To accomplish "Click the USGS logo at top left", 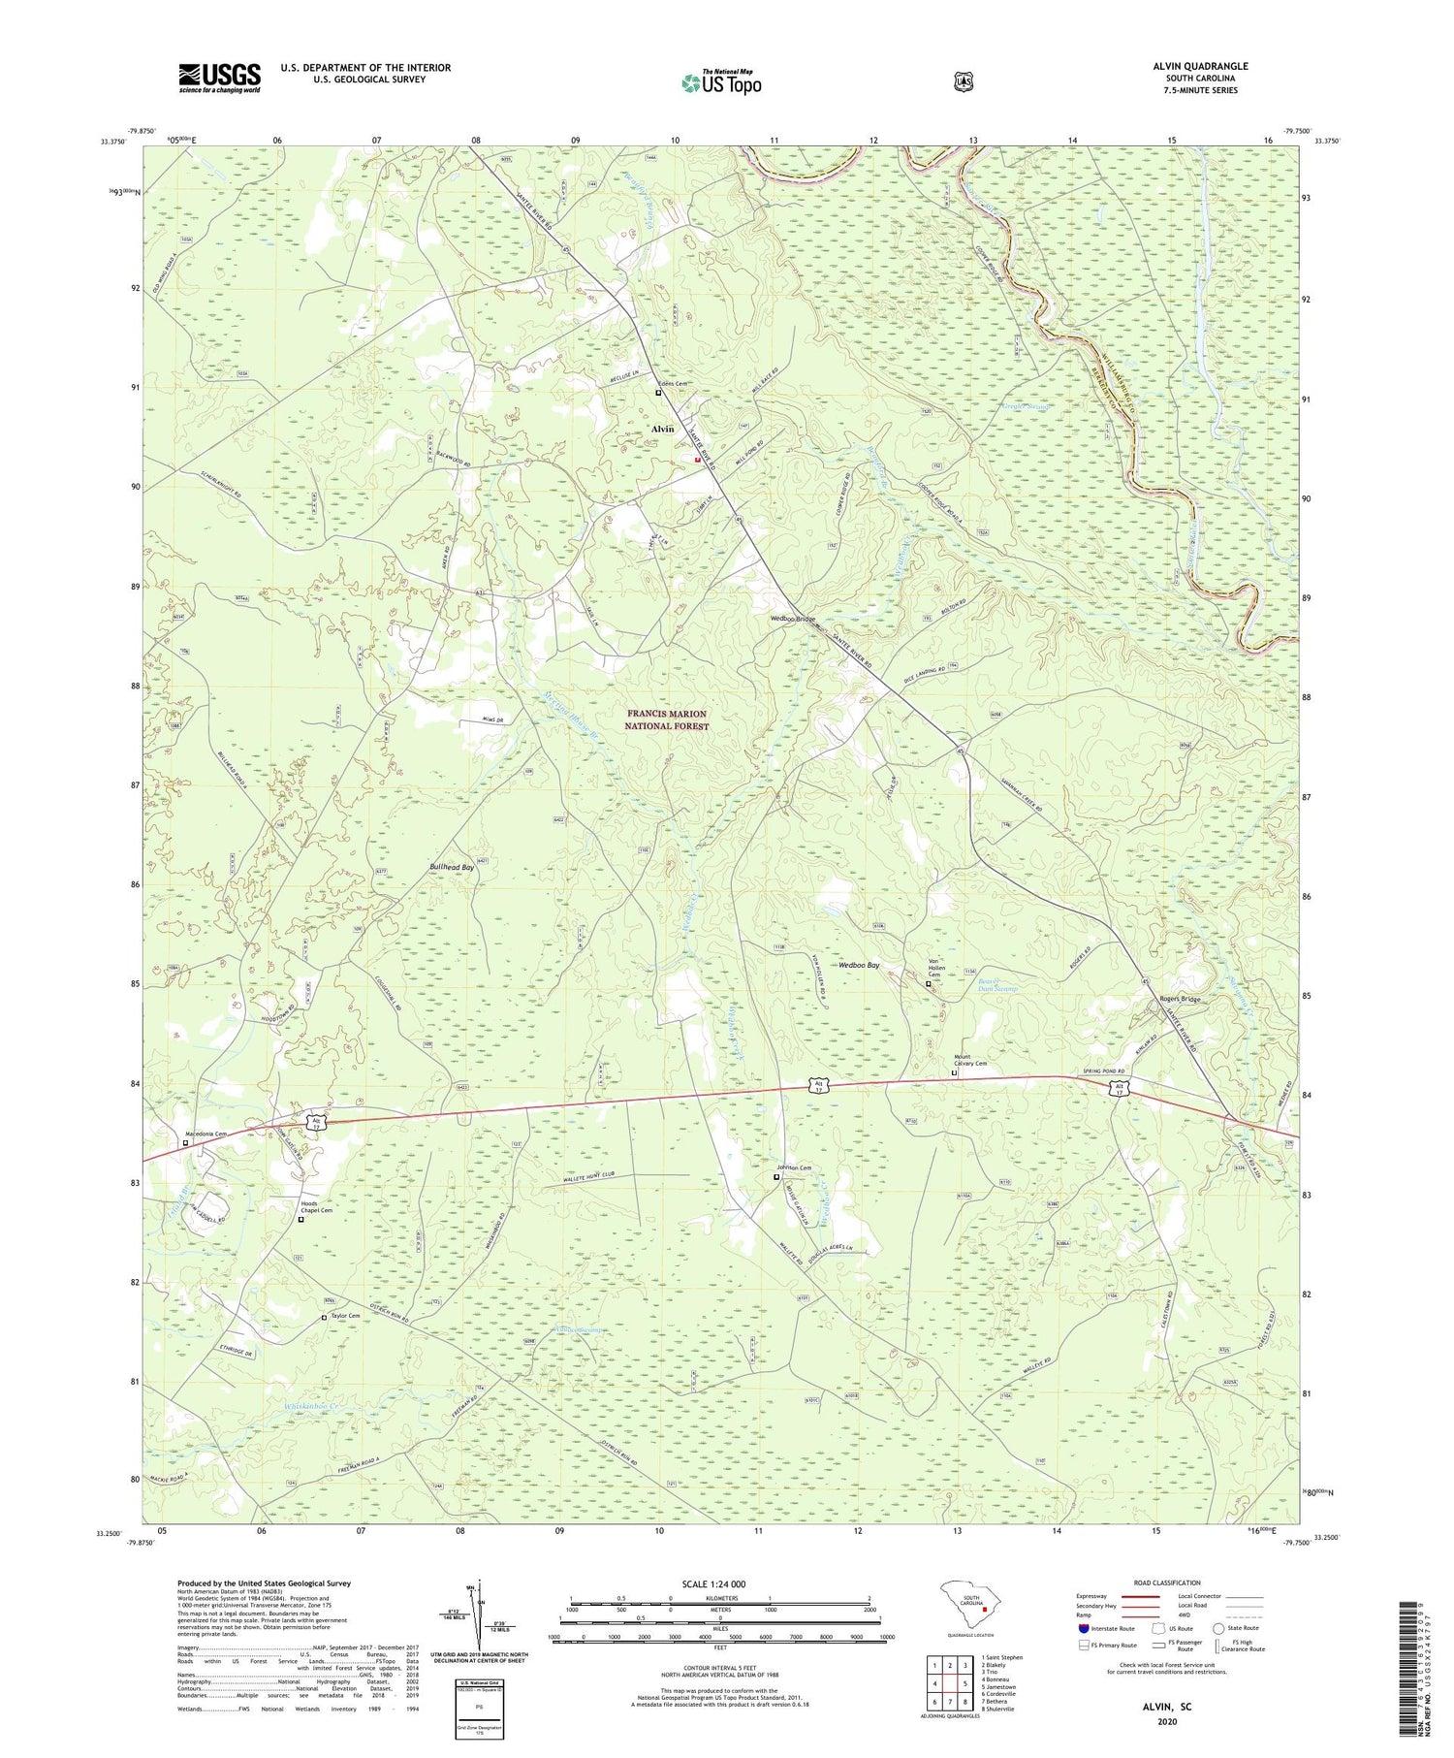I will click(x=219, y=78).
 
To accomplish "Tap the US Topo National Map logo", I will click(x=721, y=82).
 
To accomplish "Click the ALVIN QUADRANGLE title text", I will click(x=1200, y=66).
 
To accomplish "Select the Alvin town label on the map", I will click(x=663, y=429).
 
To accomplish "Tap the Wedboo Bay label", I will click(x=859, y=965).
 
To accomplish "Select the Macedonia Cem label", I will click(x=205, y=1134).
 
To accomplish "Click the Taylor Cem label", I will click(x=345, y=1316).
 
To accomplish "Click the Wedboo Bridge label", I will click(x=793, y=619).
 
